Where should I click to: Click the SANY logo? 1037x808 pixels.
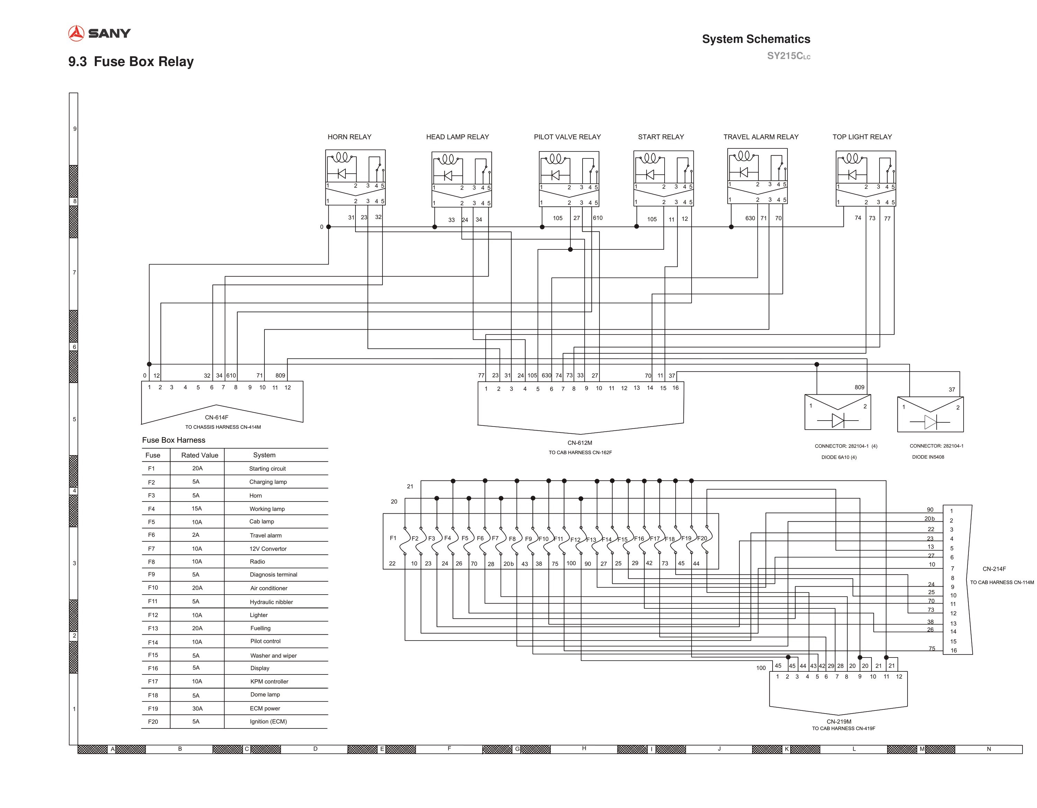tap(99, 33)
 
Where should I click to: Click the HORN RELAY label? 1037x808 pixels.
tap(350, 137)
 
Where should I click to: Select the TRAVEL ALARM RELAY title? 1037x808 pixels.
tap(761, 137)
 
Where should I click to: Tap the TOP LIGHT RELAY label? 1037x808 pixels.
tap(862, 137)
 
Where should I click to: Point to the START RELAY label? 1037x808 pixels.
tap(661, 137)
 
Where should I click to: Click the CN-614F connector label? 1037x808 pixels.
tap(217, 417)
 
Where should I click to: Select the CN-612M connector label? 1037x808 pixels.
tap(580, 443)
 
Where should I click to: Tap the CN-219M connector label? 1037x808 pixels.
tap(839, 721)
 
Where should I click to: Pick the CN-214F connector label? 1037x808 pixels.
tap(994, 569)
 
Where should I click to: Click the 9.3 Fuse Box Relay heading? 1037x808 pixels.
tap(131, 62)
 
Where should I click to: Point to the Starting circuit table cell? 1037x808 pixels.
tap(267, 469)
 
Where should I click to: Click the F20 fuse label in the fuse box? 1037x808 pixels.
tap(702, 538)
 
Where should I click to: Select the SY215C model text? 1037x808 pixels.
tap(789, 56)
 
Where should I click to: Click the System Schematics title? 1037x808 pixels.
tap(756, 39)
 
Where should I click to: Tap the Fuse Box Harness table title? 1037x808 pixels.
tap(174, 440)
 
